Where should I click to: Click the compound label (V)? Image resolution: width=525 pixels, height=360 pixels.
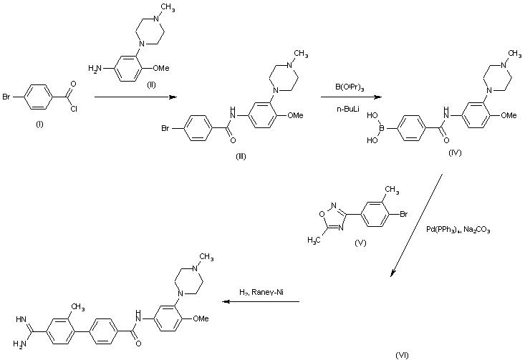[x=360, y=243]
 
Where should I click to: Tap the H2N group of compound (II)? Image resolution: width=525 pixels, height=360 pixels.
[x=93, y=68]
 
